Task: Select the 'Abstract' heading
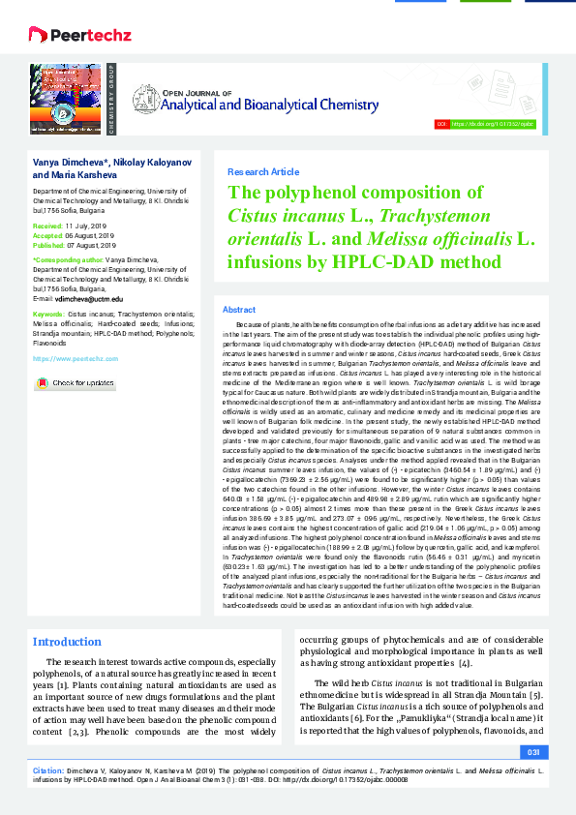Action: [x=239, y=309]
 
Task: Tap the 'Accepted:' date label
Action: [x=47, y=235]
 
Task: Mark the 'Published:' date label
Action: [x=49, y=246]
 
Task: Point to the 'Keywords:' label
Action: [x=49, y=316]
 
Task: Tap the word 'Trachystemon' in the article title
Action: [x=430, y=215]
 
